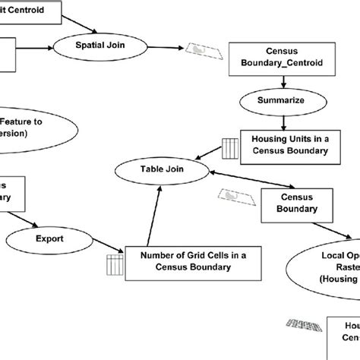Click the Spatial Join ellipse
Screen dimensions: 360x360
coord(101,45)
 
